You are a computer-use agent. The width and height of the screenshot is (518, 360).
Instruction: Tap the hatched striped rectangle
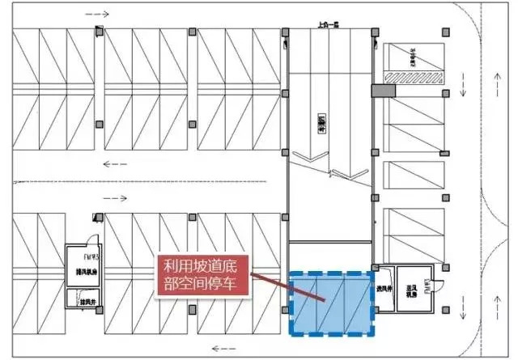412,78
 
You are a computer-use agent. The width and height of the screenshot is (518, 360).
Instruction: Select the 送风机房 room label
411,289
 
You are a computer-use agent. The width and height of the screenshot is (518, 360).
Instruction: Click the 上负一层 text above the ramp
332,26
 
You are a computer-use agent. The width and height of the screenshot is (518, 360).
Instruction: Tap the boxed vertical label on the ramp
321,121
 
